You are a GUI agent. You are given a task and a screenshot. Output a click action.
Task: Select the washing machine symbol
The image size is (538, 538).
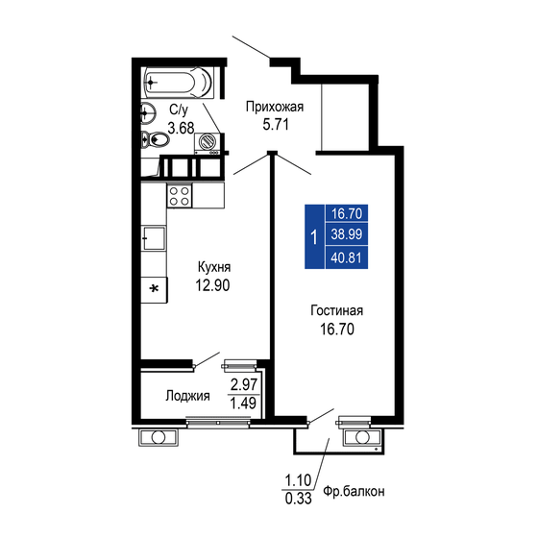[x=208, y=143]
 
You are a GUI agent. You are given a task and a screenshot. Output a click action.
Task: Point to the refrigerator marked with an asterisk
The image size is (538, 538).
[x=154, y=288]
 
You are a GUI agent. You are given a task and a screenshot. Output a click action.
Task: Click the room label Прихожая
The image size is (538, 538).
[x=275, y=107]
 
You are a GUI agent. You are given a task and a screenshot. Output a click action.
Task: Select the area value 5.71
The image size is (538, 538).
[x=275, y=124]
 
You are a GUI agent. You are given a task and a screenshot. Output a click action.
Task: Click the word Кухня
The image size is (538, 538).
[x=213, y=267]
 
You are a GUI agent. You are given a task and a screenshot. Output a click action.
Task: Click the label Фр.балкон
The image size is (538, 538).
[x=355, y=491]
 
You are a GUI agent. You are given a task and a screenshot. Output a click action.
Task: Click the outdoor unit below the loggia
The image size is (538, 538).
[x=158, y=438]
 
